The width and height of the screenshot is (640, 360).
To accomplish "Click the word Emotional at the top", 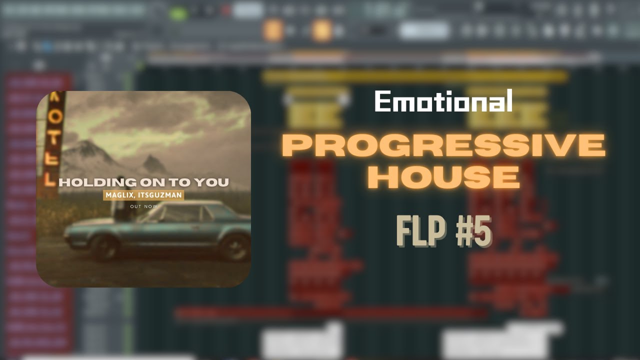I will [x=443, y=101].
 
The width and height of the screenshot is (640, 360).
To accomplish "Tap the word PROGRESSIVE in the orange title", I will [x=443, y=146].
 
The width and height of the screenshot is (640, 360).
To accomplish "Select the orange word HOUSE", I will [x=443, y=176].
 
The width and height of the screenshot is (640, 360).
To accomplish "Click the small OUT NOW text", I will [x=143, y=206].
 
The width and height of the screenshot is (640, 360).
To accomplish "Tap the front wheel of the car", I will [x=234, y=246].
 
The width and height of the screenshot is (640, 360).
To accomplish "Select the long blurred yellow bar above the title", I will [x=415, y=76].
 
